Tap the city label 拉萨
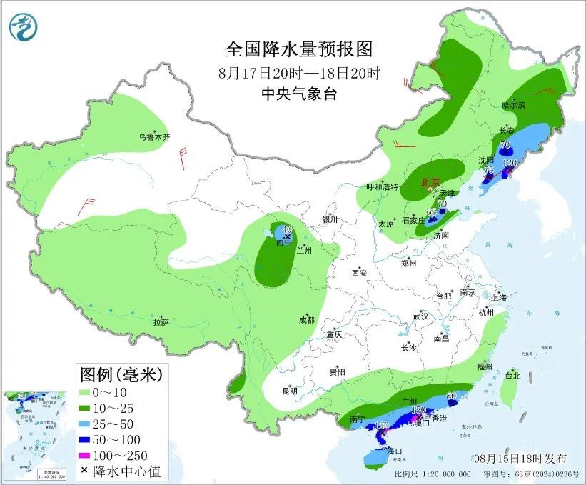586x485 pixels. [161, 322]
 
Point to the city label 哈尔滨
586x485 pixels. [512, 105]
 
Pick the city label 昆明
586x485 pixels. [289, 390]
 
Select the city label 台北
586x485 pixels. [512, 375]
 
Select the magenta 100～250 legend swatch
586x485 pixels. [84, 455]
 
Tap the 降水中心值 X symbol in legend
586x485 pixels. [84, 470]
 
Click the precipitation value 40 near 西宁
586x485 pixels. [287, 229]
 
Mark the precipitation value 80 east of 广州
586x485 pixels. [451, 396]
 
